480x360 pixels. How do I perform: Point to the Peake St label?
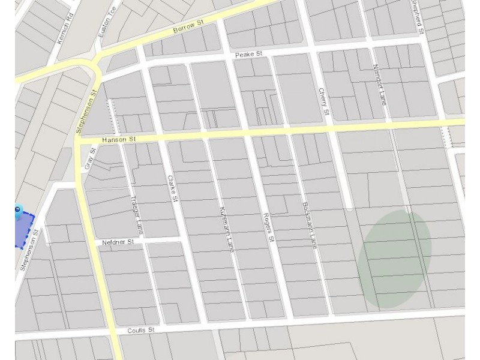click(249, 55)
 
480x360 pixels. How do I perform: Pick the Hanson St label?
click(120, 140)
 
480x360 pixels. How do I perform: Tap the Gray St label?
click(92, 159)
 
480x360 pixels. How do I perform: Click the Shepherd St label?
click(418, 17)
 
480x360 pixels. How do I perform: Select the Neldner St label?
click(117, 243)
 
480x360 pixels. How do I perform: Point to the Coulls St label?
click(141, 331)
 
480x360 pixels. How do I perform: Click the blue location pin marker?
click(18, 210)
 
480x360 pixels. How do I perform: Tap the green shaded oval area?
click(394, 258)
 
